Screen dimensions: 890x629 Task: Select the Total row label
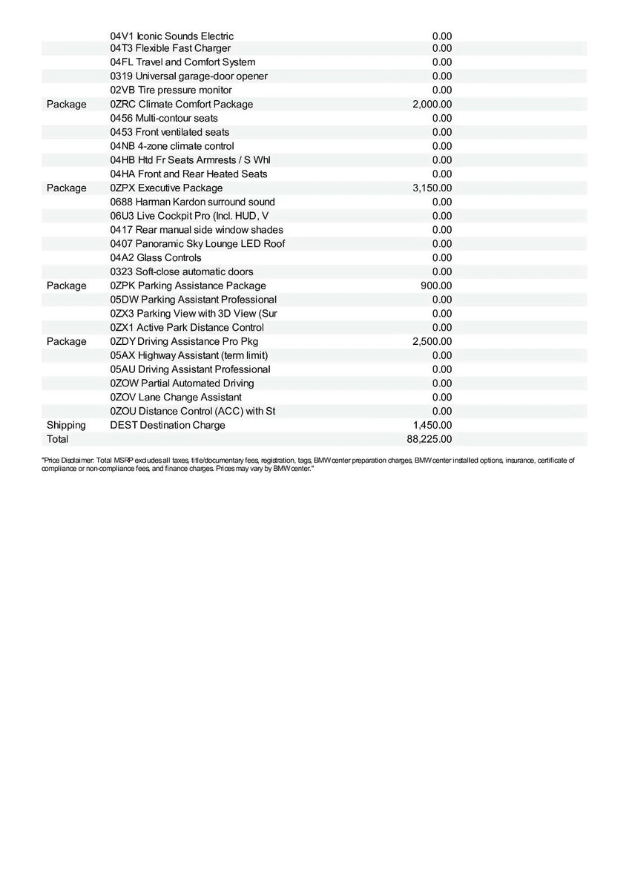pyautogui.click(x=57, y=439)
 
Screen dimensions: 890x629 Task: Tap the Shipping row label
pyautogui.click(x=66, y=425)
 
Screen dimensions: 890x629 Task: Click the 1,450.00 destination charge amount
pyautogui.click(x=432, y=425)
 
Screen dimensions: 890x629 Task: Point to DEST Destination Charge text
pyautogui.click(x=168, y=425)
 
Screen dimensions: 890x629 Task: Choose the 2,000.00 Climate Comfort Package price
pyautogui.click(x=432, y=104)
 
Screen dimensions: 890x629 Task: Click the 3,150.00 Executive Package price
pyautogui.click(x=432, y=188)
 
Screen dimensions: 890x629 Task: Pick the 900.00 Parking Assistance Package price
pyautogui.click(x=436, y=286)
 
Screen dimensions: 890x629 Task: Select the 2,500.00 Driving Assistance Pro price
pyautogui.click(x=432, y=341)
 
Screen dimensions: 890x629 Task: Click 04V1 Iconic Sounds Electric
pyautogui.click(x=172, y=36)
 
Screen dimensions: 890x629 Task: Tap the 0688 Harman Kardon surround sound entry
pyautogui.click(x=192, y=202)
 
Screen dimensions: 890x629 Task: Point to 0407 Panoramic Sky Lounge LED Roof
pyautogui.click(x=197, y=243)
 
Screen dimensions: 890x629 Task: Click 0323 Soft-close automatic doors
pyautogui.click(x=182, y=271)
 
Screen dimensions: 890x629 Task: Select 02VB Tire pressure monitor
pyautogui.click(x=171, y=90)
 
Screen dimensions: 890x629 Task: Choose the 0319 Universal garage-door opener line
pyautogui.click(x=189, y=76)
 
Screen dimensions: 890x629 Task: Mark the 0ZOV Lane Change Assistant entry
pyautogui.click(x=176, y=397)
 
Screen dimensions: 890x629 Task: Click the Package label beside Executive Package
pyautogui.click(x=66, y=188)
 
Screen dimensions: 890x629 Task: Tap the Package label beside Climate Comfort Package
pyautogui.click(x=66, y=104)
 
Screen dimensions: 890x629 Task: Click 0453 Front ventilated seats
pyautogui.click(x=170, y=132)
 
